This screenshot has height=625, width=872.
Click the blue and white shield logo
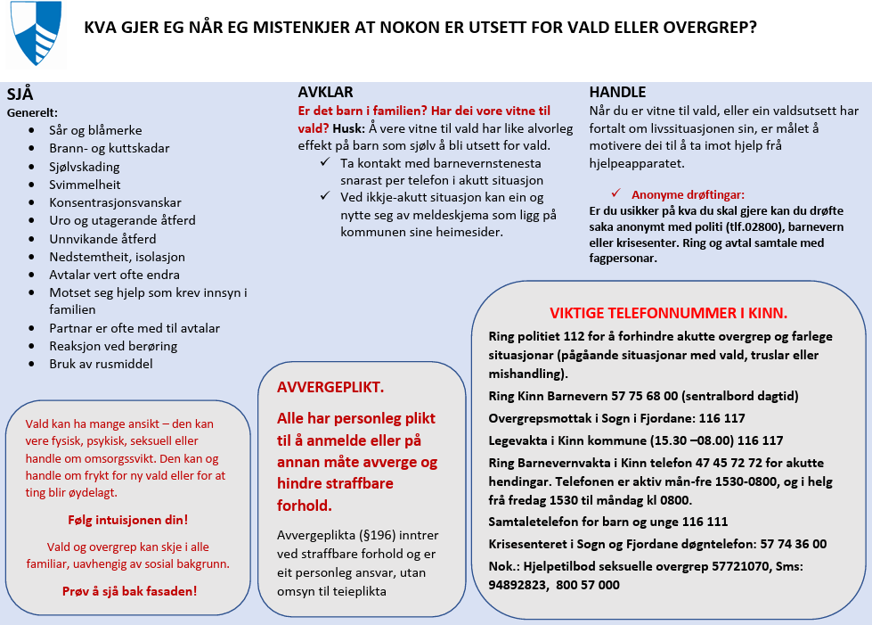(36, 33)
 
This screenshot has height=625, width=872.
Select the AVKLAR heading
(325, 93)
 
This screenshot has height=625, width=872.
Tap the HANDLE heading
(617, 93)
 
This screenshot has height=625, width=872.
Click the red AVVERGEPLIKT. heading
(330, 388)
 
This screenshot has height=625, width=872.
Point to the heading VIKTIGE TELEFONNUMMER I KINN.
(668, 313)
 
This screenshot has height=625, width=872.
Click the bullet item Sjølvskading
(85, 166)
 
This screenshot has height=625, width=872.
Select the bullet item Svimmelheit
(85, 184)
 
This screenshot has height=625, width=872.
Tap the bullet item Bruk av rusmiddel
(101, 364)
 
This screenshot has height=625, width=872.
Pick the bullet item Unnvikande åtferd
(102, 238)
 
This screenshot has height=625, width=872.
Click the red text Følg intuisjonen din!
(127, 520)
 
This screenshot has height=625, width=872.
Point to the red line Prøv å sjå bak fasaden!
(129, 590)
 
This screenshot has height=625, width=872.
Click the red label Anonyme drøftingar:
(688, 194)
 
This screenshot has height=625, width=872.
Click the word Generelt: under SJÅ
(32, 113)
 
